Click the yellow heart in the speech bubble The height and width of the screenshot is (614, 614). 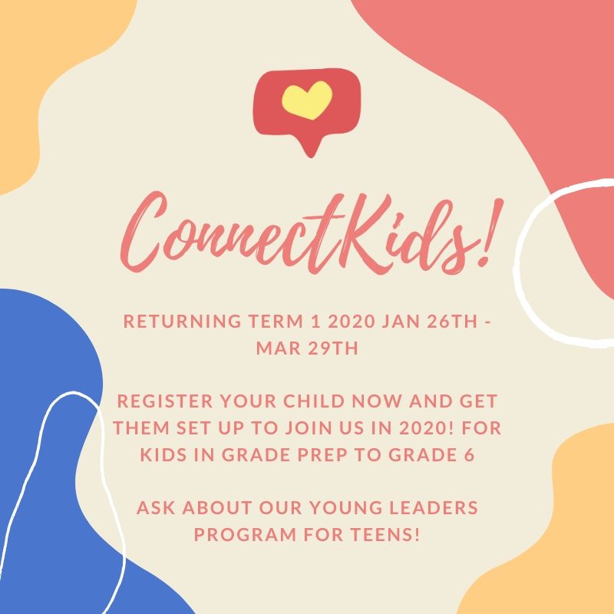[x=307, y=100]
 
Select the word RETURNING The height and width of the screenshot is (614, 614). [x=183, y=321]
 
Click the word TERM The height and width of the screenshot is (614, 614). [x=276, y=321]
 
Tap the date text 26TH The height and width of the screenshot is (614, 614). [x=452, y=321]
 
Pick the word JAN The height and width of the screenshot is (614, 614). [x=401, y=321]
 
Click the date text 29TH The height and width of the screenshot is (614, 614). [x=333, y=348]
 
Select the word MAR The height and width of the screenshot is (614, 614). [x=279, y=348]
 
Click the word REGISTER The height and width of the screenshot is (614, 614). [x=165, y=401]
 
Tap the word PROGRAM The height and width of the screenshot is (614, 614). [x=245, y=535]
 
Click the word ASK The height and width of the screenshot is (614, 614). [x=156, y=508]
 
